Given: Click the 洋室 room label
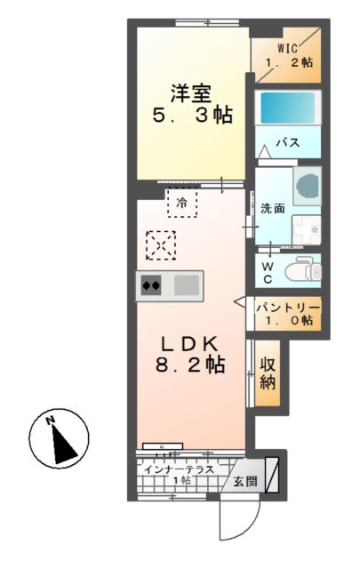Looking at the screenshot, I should pos(191,92).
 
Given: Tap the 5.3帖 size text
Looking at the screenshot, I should pos(191,116).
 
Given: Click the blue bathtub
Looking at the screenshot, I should pos(286,109).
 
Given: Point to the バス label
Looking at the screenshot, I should pos(286,142).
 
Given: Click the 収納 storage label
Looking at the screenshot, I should pos(267,374).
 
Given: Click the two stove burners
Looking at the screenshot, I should pos(151,286).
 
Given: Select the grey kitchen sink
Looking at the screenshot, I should pos(187,286).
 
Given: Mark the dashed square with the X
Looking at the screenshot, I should pos(161,245).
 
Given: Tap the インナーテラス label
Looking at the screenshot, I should pos(181,469).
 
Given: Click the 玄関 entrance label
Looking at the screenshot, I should pos(244,481).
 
